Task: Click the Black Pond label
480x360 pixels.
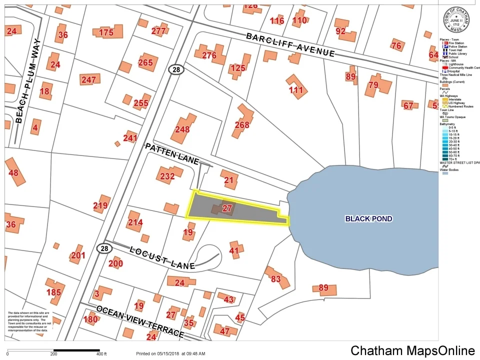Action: (x=368, y=219)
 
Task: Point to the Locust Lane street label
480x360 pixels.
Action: (x=161, y=257)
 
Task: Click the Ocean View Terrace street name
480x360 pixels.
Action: (x=140, y=321)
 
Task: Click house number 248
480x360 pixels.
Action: (x=182, y=129)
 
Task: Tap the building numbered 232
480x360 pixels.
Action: (x=167, y=176)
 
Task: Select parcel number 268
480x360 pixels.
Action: (x=242, y=125)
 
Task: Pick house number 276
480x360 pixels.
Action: (x=209, y=55)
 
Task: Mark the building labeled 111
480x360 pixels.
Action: (x=296, y=90)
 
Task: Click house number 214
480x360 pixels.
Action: (x=135, y=222)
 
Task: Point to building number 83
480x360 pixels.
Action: (x=275, y=279)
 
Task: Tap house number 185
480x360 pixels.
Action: (x=53, y=292)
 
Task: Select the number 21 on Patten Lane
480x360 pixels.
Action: (x=229, y=180)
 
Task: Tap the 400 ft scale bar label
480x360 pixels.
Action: (x=101, y=354)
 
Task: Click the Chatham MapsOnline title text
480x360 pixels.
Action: (x=412, y=350)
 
